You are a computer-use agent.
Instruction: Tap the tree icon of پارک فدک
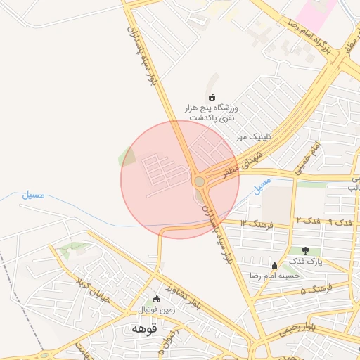pyautogui.click(x=305, y=250)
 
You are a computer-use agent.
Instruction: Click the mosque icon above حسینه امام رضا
pyautogui.click(x=274, y=265)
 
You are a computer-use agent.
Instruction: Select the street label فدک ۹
pyautogui.click(x=340, y=222)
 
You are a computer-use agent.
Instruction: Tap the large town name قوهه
pyautogui.click(x=143, y=328)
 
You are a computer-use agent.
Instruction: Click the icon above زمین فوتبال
pyautogui.click(x=157, y=299)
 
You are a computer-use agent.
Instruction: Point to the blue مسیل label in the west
pyautogui.click(x=32, y=194)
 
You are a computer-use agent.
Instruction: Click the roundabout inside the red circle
pyautogui.click(x=200, y=182)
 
